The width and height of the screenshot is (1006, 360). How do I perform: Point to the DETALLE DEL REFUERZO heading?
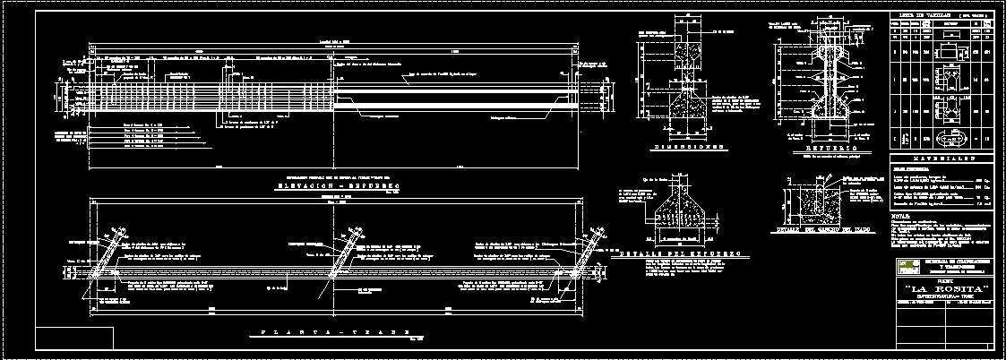680,254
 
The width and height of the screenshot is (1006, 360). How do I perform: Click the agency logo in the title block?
907,264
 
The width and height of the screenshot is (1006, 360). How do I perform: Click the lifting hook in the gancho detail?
821,197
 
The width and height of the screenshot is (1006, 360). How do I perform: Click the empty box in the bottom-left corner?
75,339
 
